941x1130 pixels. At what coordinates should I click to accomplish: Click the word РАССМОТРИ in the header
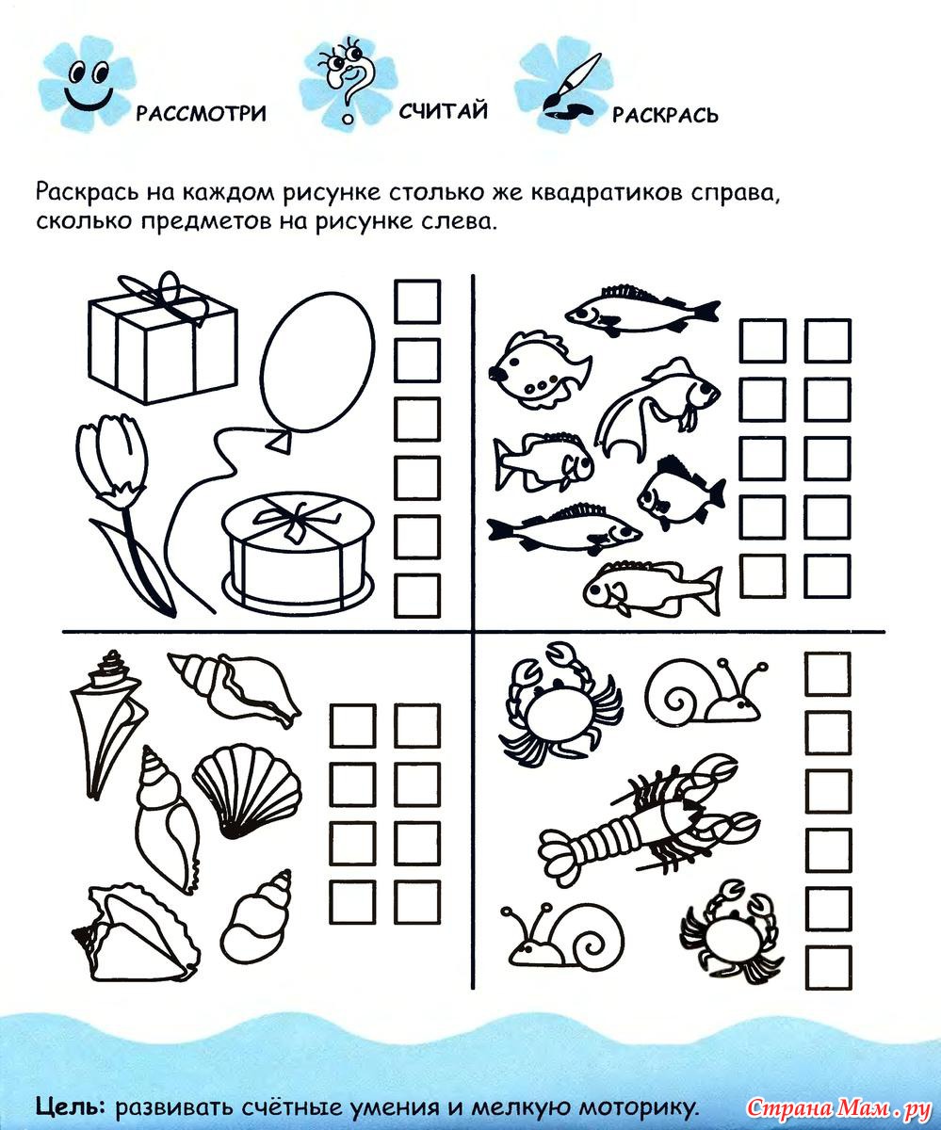(201, 114)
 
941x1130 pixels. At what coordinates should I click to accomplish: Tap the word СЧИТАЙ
(444, 111)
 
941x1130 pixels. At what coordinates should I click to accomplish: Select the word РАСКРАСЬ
(665, 115)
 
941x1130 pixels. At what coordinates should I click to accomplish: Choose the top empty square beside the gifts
(417, 302)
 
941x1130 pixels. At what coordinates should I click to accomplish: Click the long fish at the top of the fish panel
(642, 311)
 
